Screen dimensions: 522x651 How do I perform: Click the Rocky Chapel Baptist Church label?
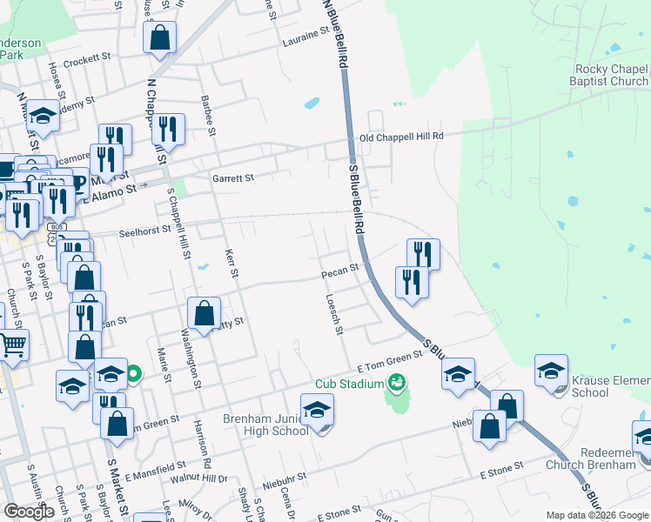coord(612,75)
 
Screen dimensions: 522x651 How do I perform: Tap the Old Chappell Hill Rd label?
coord(401,137)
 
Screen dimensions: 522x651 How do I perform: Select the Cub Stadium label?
coord(349,384)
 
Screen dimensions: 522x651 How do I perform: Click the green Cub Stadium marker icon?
coord(397,382)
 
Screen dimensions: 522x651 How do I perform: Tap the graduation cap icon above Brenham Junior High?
coord(317,409)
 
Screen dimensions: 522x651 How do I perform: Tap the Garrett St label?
coord(232,177)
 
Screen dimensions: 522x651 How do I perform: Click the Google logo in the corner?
coord(29,511)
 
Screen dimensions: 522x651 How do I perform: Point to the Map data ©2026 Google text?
coord(596,515)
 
